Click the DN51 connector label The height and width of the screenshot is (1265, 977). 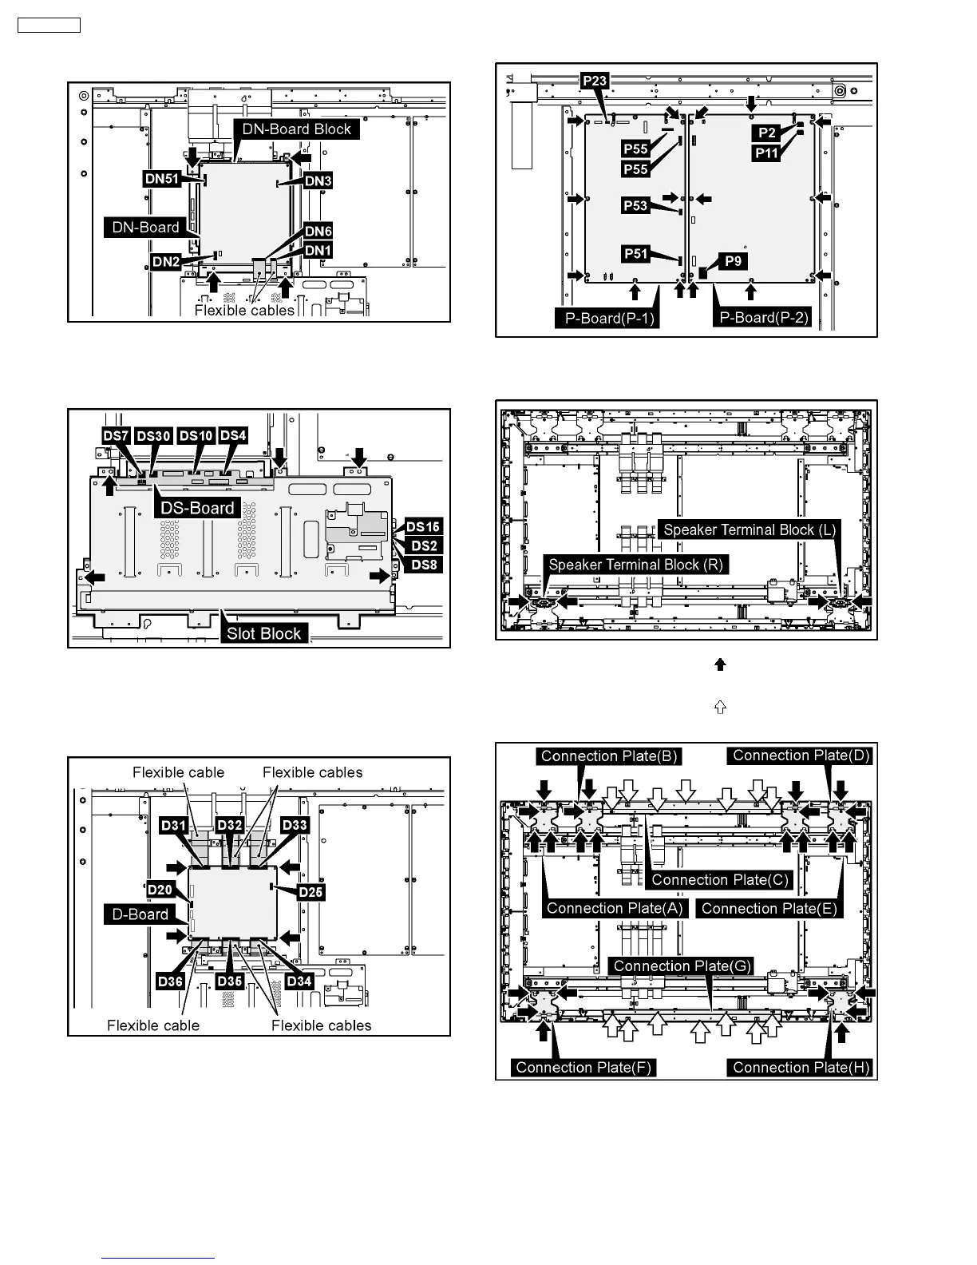coord(162,179)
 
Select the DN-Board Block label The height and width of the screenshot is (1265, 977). coord(297,129)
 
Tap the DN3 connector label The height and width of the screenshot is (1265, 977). coord(318,181)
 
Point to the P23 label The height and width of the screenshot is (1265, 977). coord(595,81)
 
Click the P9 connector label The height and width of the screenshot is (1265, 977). coord(734,261)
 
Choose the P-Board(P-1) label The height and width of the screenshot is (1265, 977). coord(607,319)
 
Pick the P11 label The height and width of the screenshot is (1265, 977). coord(767,153)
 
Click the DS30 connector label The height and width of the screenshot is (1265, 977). coord(153,436)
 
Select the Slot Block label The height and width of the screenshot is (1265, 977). coord(263,633)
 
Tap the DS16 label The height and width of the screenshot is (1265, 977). coord(423,527)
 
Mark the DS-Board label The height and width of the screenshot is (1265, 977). coord(197,508)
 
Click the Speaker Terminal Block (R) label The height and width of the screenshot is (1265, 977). coord(635,565)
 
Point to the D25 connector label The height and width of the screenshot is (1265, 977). coord(311,892)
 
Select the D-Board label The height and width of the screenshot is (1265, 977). coord(140,914)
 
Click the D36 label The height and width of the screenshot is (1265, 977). coord(171,981)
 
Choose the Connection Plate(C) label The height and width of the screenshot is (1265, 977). coord(720,879)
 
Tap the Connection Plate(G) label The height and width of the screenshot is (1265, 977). coord(682,966)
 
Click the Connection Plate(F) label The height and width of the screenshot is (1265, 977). coord(583,1067)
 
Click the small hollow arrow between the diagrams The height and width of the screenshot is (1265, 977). coord(721,708)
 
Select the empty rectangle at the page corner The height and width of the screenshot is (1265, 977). coord(49,25)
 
